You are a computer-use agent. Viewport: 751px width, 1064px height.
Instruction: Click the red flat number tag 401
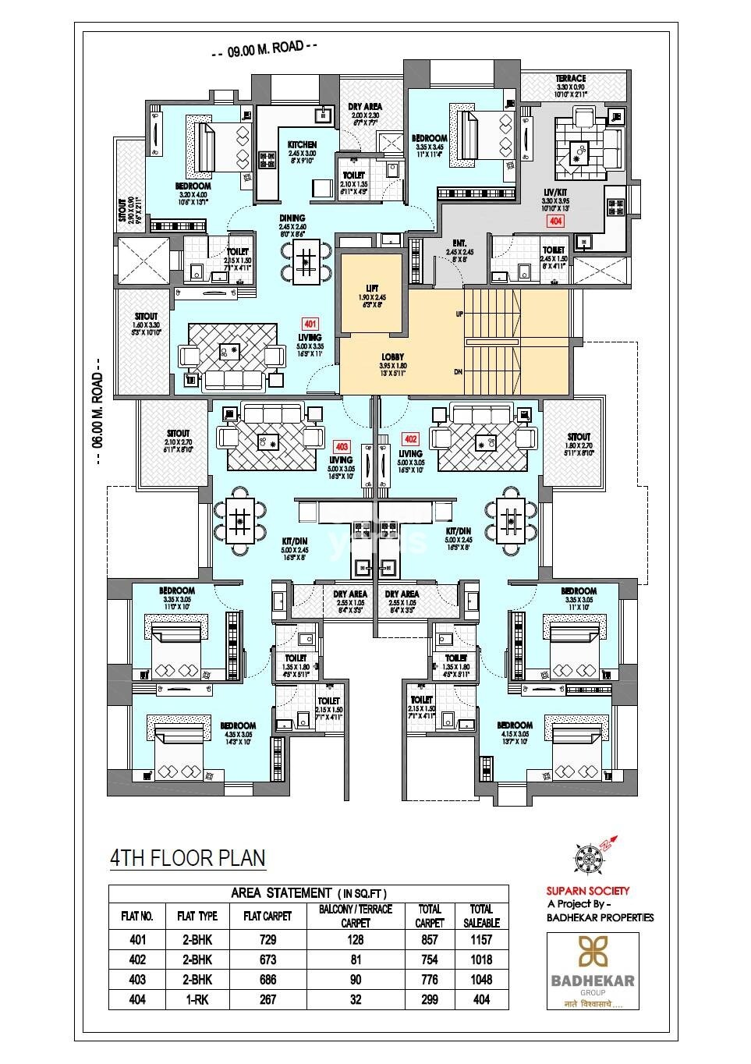(x=310, y=323)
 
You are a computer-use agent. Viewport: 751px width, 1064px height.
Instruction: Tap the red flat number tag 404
(x=554, y=222)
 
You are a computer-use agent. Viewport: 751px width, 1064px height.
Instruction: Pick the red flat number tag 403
(x=341, y=447)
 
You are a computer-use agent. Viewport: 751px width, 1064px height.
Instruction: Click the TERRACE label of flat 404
(x=571, y=79)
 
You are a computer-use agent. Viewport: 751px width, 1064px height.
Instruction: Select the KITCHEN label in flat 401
(x=302, y=145)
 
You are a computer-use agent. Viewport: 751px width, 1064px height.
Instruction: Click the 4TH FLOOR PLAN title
(x=187, y=858)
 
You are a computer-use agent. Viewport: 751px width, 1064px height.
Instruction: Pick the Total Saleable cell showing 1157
(x=481, y=941)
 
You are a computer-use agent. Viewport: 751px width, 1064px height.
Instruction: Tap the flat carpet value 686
(x=267, y=980)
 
